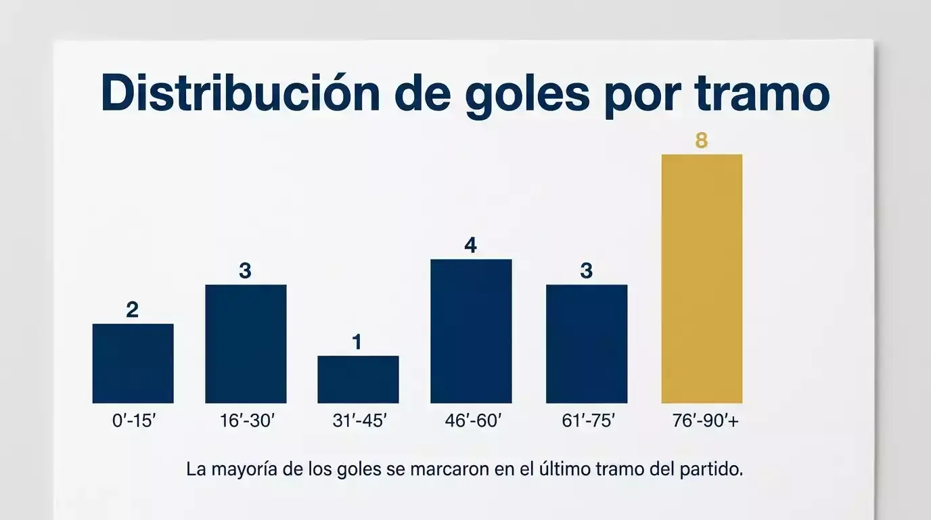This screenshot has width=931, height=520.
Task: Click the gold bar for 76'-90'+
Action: coord(702,278)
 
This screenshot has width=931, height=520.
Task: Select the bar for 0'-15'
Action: coord(133,363)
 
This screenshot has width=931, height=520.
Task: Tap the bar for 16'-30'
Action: coord(246,343)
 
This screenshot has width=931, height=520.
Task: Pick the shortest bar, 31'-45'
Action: coord(358,379)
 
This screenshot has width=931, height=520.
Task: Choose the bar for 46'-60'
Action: coord(471,331)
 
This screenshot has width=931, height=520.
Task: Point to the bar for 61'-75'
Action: coord(587,343)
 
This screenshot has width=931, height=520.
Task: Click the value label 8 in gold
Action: coord(702,141)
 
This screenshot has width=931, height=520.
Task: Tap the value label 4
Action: coord(471,245)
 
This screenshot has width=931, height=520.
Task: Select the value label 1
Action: coord(357,343)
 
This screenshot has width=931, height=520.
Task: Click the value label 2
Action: coord(133,310)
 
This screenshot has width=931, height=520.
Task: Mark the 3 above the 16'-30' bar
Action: coord(245,271)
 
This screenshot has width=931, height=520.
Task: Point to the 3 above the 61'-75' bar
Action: coord(587,271)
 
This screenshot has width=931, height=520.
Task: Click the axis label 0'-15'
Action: coord(134,420)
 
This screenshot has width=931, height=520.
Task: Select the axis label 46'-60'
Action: coord(474,420)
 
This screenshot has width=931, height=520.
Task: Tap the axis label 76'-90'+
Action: coord(703,420)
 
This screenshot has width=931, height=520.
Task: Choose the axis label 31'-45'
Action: coord(360,420)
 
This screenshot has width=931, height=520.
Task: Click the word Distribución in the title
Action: coord(240,95)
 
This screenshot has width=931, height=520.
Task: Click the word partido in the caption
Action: coord(710,470)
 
